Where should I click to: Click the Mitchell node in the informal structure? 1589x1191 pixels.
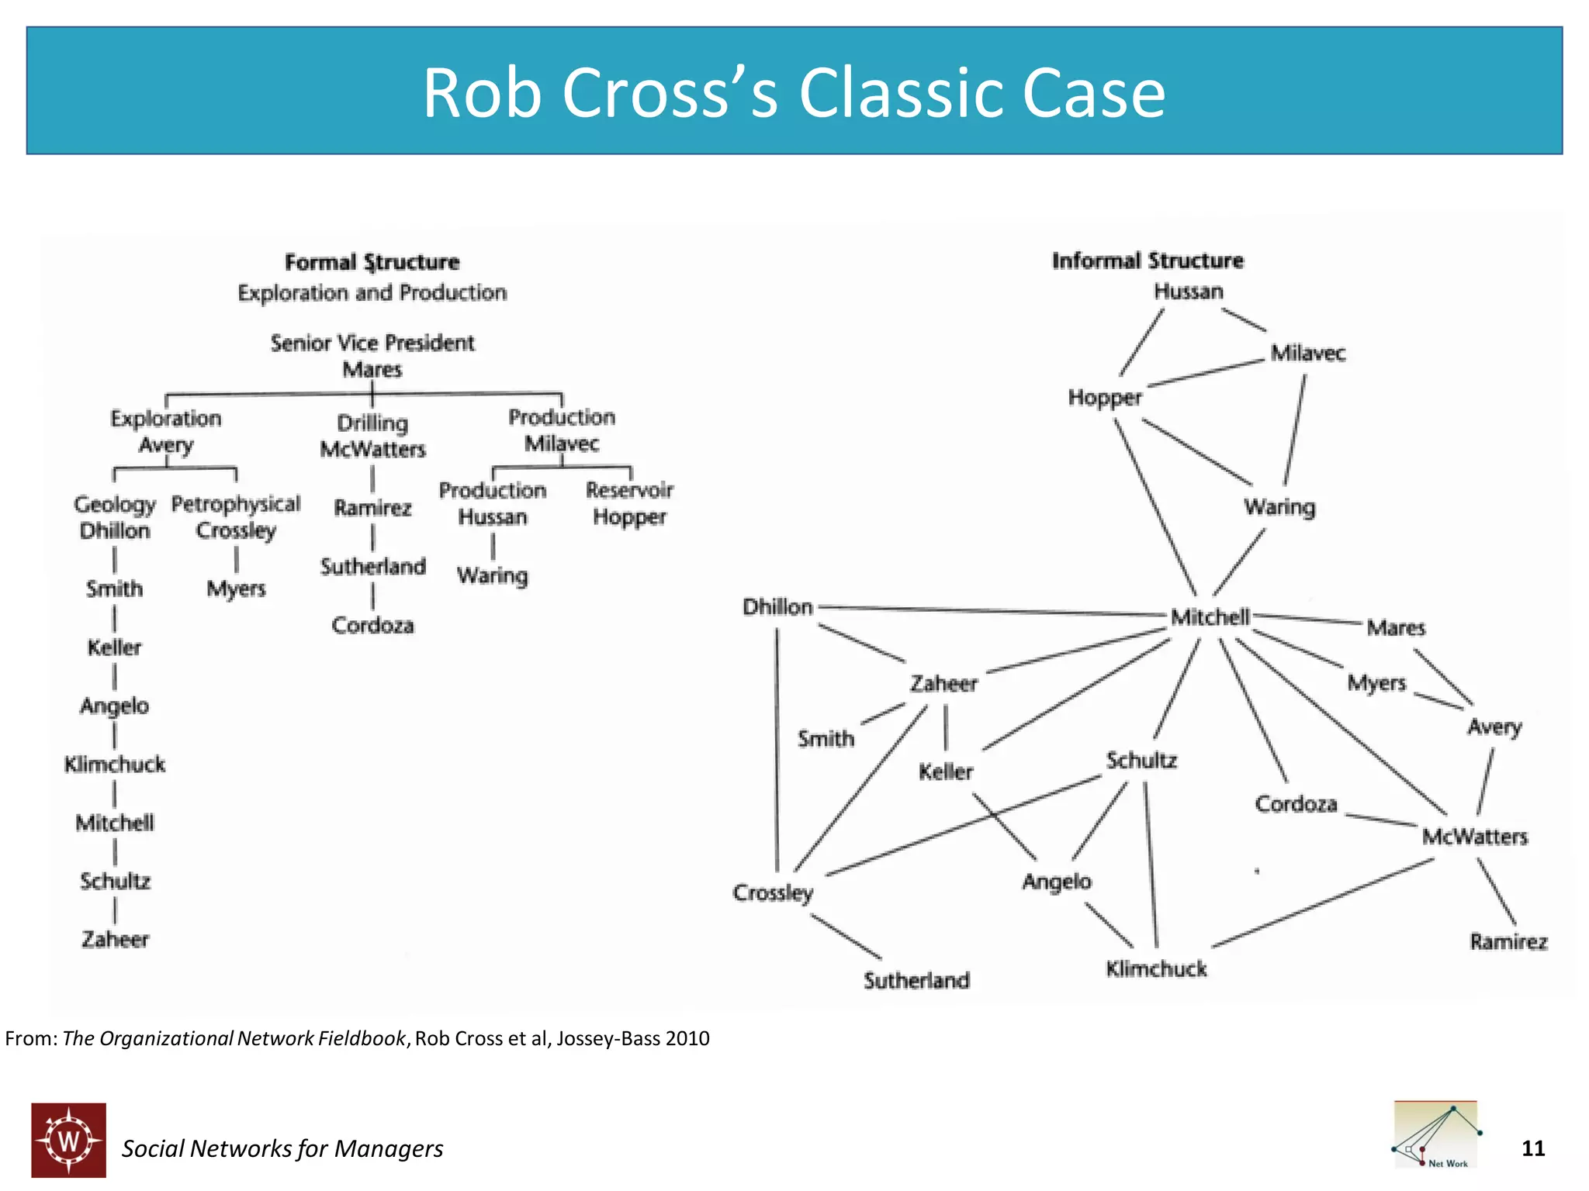(1210, 617)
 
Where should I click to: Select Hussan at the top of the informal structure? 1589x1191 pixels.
(1188, 292)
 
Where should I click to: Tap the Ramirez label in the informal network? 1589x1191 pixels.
(1508, 941)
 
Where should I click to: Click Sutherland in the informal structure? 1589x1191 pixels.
(916, 980)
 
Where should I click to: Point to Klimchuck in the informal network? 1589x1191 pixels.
(1156, 968)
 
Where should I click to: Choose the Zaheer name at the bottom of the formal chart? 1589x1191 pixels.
(115, 939)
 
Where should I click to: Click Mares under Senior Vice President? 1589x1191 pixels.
(372, 369)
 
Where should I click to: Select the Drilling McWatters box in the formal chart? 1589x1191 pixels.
(372, 436)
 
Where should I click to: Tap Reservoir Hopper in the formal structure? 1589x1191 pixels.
(629, 503)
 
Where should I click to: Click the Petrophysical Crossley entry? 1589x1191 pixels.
(236, 517)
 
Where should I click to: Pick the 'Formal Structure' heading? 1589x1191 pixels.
(372, 262)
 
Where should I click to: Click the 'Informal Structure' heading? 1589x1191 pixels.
(1147, 261)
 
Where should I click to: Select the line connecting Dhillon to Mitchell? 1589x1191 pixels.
(993, 611)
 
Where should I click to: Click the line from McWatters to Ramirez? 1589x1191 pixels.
(1497, 892)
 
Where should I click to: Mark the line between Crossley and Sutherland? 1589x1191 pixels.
(846, 937)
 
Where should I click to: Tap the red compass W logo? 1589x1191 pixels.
(69, 1140)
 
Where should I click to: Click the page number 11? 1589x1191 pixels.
(1532, 1148)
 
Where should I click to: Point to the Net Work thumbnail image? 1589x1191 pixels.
(1435, 1135)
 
